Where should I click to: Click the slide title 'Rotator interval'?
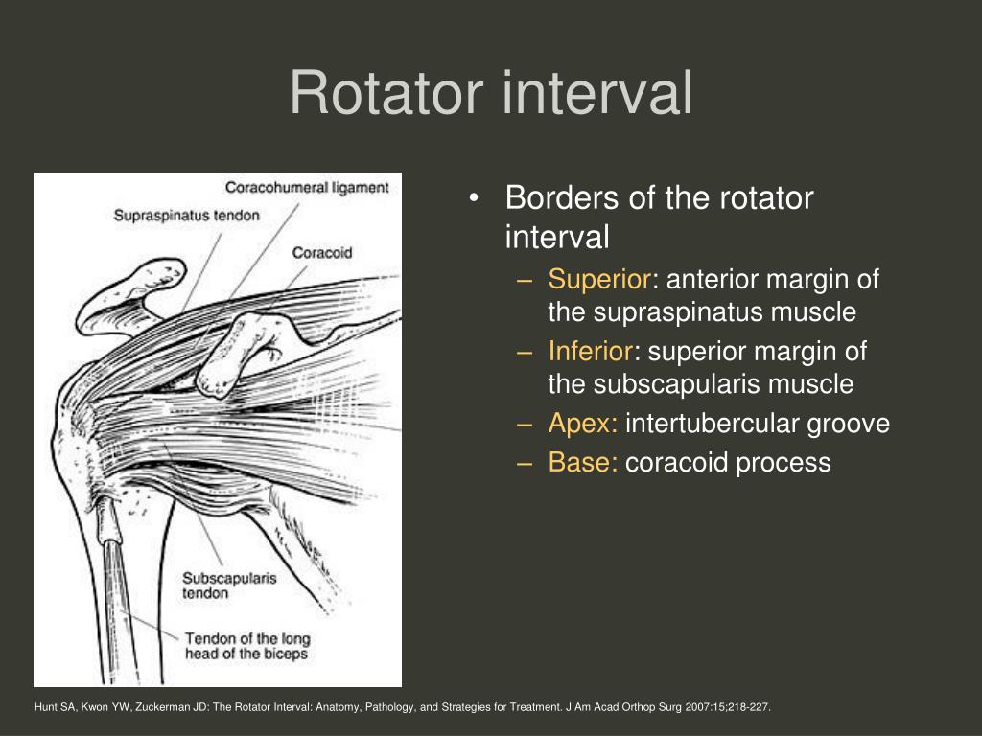491,94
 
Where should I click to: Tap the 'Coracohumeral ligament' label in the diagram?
307,188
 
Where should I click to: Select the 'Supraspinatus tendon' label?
186,216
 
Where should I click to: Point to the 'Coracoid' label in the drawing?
322,253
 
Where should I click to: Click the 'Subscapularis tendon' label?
216,586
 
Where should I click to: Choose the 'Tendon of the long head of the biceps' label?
246,646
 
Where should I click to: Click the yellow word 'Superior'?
599,280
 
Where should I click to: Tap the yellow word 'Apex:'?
583,424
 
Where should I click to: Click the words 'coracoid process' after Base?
728,463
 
